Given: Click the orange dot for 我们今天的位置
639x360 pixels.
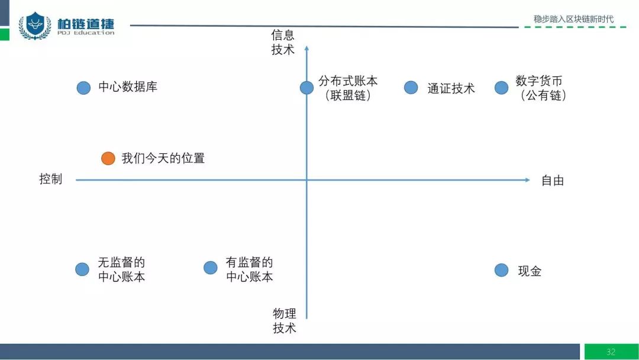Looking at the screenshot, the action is [108, 158].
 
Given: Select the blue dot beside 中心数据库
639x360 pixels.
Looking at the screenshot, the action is [83, 88].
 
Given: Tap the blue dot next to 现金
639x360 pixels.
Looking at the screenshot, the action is [501, 270].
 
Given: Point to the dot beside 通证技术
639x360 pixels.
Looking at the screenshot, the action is [411, 88].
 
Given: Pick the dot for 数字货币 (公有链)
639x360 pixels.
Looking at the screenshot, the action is [501, 88].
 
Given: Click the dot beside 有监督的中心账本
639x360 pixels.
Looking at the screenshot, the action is [210, 268].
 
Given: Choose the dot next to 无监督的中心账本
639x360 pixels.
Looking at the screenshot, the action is [82, 269].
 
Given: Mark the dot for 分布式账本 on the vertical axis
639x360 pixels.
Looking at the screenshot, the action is [306, 88].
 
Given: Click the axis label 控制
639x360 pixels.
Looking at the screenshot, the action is [51, 179].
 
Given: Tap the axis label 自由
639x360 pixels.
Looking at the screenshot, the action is [553, 181].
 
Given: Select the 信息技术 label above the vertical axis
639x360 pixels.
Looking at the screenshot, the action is [283, 42].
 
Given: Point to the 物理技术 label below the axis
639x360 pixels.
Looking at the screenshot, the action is [285, 320].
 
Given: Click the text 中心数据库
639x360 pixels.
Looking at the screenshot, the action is [128, 87].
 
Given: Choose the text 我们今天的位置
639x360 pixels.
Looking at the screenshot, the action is [163, 158].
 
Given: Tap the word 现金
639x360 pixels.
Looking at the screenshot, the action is [530, 271].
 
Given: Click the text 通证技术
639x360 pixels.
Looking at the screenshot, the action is [451, 88].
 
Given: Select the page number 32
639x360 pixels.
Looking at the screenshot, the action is [611, 352].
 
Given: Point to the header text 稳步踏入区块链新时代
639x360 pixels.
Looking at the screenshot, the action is [573, 19].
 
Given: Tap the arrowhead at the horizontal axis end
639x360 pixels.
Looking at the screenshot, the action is [527, 179].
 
